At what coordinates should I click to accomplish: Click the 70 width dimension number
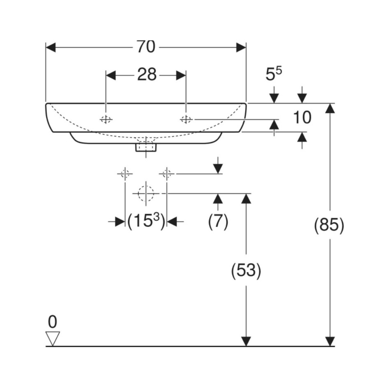point(146,47)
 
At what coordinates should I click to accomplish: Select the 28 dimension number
point(147,74)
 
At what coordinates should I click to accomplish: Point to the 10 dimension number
point(302,117)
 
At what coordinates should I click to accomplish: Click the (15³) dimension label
point(146,221)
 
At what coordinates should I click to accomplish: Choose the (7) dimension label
point(218,221)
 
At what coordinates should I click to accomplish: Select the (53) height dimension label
point(246,270)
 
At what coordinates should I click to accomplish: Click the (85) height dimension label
point(329,225)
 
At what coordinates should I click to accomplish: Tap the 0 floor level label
point(53,322)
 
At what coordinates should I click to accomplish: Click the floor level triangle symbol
point(53,338)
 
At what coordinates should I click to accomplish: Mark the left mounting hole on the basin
point(106,119)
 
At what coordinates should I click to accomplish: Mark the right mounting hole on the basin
point(186,119)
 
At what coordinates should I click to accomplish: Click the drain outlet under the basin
point(146,147)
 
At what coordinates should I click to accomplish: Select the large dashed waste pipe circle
point(146,193)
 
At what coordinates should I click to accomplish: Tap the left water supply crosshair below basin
point(125,174)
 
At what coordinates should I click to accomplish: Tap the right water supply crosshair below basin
point(167,174)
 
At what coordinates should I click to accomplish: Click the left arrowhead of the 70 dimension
point(51,47)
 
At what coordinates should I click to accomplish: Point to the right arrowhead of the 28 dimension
point(181,75)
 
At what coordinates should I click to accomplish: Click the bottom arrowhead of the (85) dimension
point(330,342)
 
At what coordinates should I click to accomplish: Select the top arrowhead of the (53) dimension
point(246,199)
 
